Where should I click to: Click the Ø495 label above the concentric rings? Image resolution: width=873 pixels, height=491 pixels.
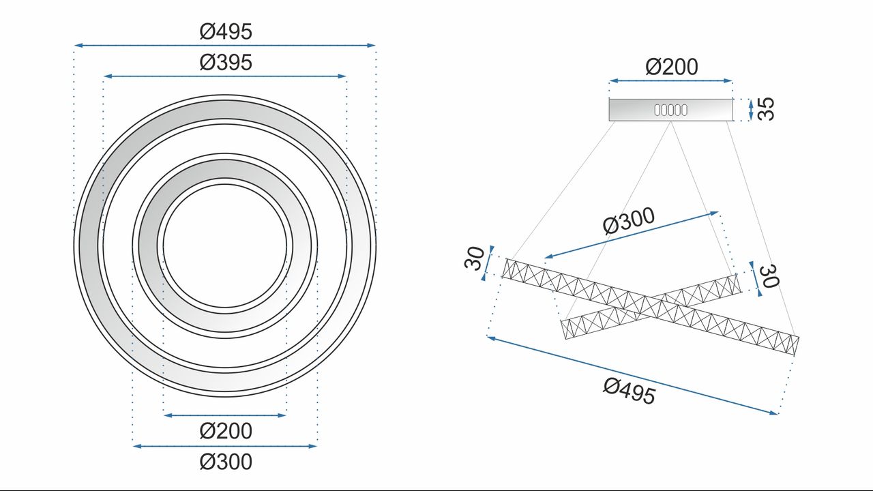tap(226, 31)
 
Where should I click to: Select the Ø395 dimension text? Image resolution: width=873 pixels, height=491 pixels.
tap(226, 63)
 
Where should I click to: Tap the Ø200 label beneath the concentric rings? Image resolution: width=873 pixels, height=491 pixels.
tap(226, 431)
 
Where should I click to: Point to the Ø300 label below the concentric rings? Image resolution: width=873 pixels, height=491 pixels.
tap(226, 462)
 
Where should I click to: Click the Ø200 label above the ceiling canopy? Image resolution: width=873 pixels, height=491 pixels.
tap(671, 67)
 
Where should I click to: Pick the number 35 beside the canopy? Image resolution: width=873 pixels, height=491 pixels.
tap(767, 110)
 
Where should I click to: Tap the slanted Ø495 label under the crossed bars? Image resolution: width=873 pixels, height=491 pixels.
tap(629, 391)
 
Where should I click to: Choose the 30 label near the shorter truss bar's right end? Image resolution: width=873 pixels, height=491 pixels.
tap(769, 276)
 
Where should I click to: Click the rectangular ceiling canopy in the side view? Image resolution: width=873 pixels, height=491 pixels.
tap(641, 110)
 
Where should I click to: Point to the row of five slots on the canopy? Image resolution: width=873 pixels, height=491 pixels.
tap(670, 110)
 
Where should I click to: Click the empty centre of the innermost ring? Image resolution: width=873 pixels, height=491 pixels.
tap(225, 245)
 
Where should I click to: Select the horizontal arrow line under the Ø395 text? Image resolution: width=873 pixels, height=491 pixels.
tap(225, 77)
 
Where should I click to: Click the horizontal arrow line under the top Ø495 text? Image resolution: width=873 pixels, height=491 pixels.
tap(225, 46)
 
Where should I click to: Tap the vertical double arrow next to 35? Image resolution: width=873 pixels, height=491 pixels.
tap(751, 110)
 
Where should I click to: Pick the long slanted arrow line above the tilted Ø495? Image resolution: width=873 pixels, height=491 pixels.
tap(632, 374)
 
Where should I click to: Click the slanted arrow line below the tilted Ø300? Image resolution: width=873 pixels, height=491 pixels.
tap(632, 235)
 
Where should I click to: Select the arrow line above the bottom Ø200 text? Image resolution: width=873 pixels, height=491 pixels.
tap(225, 415)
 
